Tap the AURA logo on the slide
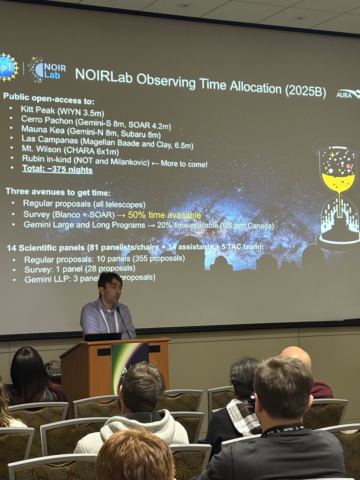pyautogui.click(x=348, y=94)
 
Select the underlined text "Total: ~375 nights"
pyautogui.click(x=57, y=170)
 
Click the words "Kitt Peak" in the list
pyautogui.click(x=37, y=109)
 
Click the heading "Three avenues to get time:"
pyautogui.click(x=51, y=191)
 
